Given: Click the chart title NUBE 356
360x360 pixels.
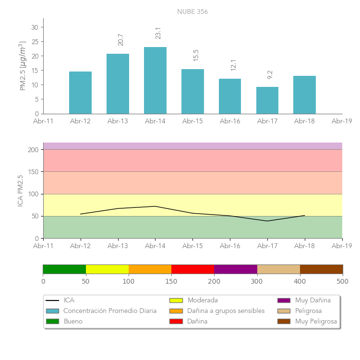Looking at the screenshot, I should coord(192,12).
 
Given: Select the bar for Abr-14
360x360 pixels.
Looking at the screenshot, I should coord(155,81).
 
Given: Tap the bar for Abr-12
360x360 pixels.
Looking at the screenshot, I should coord(80,93).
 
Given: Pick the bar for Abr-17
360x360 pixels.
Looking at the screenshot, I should coord(267,100).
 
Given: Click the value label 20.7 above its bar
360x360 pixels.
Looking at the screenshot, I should coord(120,39).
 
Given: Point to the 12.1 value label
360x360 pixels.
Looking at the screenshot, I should coord(233,65).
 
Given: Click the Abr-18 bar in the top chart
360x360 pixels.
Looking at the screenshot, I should coord(304,95).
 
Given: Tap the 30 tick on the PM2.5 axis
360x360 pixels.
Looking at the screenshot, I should coord(35,27).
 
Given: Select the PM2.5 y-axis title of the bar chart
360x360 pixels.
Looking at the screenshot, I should coord(23,66).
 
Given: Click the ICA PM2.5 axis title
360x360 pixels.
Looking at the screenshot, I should coord(20,191).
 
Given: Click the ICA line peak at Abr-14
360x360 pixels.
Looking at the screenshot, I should coord(155,206).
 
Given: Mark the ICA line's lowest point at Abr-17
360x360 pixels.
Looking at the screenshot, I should coord(267,221).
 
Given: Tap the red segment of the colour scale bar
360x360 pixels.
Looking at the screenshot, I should coord(192,269).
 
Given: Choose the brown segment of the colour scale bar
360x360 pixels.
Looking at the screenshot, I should coord(321,269).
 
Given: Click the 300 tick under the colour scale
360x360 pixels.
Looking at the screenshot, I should coord(257,281).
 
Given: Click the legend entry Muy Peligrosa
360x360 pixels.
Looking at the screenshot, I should coord(316,321).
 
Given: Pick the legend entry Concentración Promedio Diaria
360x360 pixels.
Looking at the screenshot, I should coord(110,311).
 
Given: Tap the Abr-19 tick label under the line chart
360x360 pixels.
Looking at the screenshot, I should coord(342,246).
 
